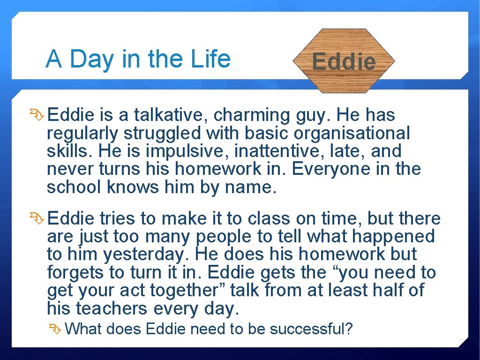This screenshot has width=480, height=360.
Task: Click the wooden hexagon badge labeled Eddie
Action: tap(344, 60)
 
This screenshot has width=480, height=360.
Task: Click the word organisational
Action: tap(352, 133)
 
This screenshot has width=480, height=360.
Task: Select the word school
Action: tap(75, 187)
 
